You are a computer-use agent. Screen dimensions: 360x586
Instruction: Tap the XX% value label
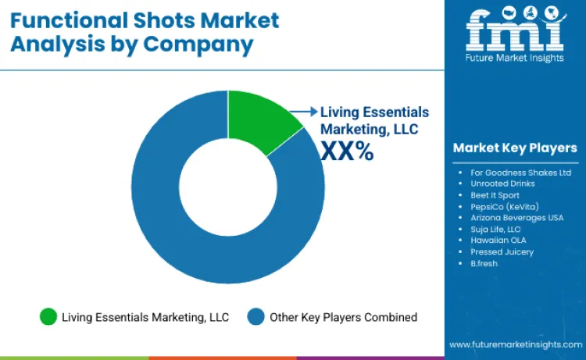coord(347,151)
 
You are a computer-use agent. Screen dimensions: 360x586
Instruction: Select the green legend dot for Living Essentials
coord(48,317)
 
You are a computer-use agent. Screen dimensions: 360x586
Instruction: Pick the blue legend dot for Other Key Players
coord(255,317)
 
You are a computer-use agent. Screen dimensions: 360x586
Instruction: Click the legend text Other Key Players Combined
coord(343,317)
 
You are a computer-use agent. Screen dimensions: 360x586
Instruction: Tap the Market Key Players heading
coord(515,148)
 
